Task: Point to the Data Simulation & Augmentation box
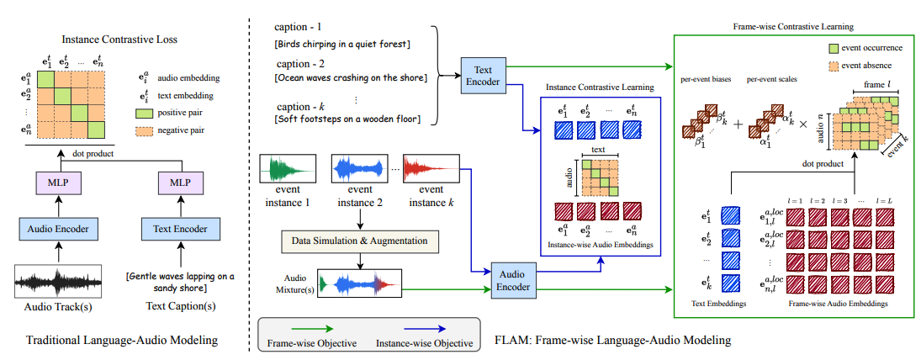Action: [x=361, y=241]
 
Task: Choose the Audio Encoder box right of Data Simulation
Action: [x=513, y=280]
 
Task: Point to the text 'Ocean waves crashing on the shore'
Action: [x=351, y=78]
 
